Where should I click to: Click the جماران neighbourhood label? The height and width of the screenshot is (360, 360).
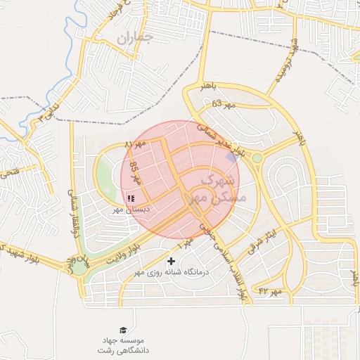coord(134,38)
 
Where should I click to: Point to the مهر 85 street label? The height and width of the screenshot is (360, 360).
coord(136,173)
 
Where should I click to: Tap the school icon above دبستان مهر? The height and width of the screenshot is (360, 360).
coord(131,198)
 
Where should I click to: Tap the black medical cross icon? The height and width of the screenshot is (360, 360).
coord(170,262)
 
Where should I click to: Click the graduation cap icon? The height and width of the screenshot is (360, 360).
coord(124,330)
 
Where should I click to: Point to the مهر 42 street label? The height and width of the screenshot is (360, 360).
coord(270,290)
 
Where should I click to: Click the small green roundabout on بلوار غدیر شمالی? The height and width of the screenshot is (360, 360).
coord(257,158)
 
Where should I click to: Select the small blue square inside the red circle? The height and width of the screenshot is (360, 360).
coord(231,157)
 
